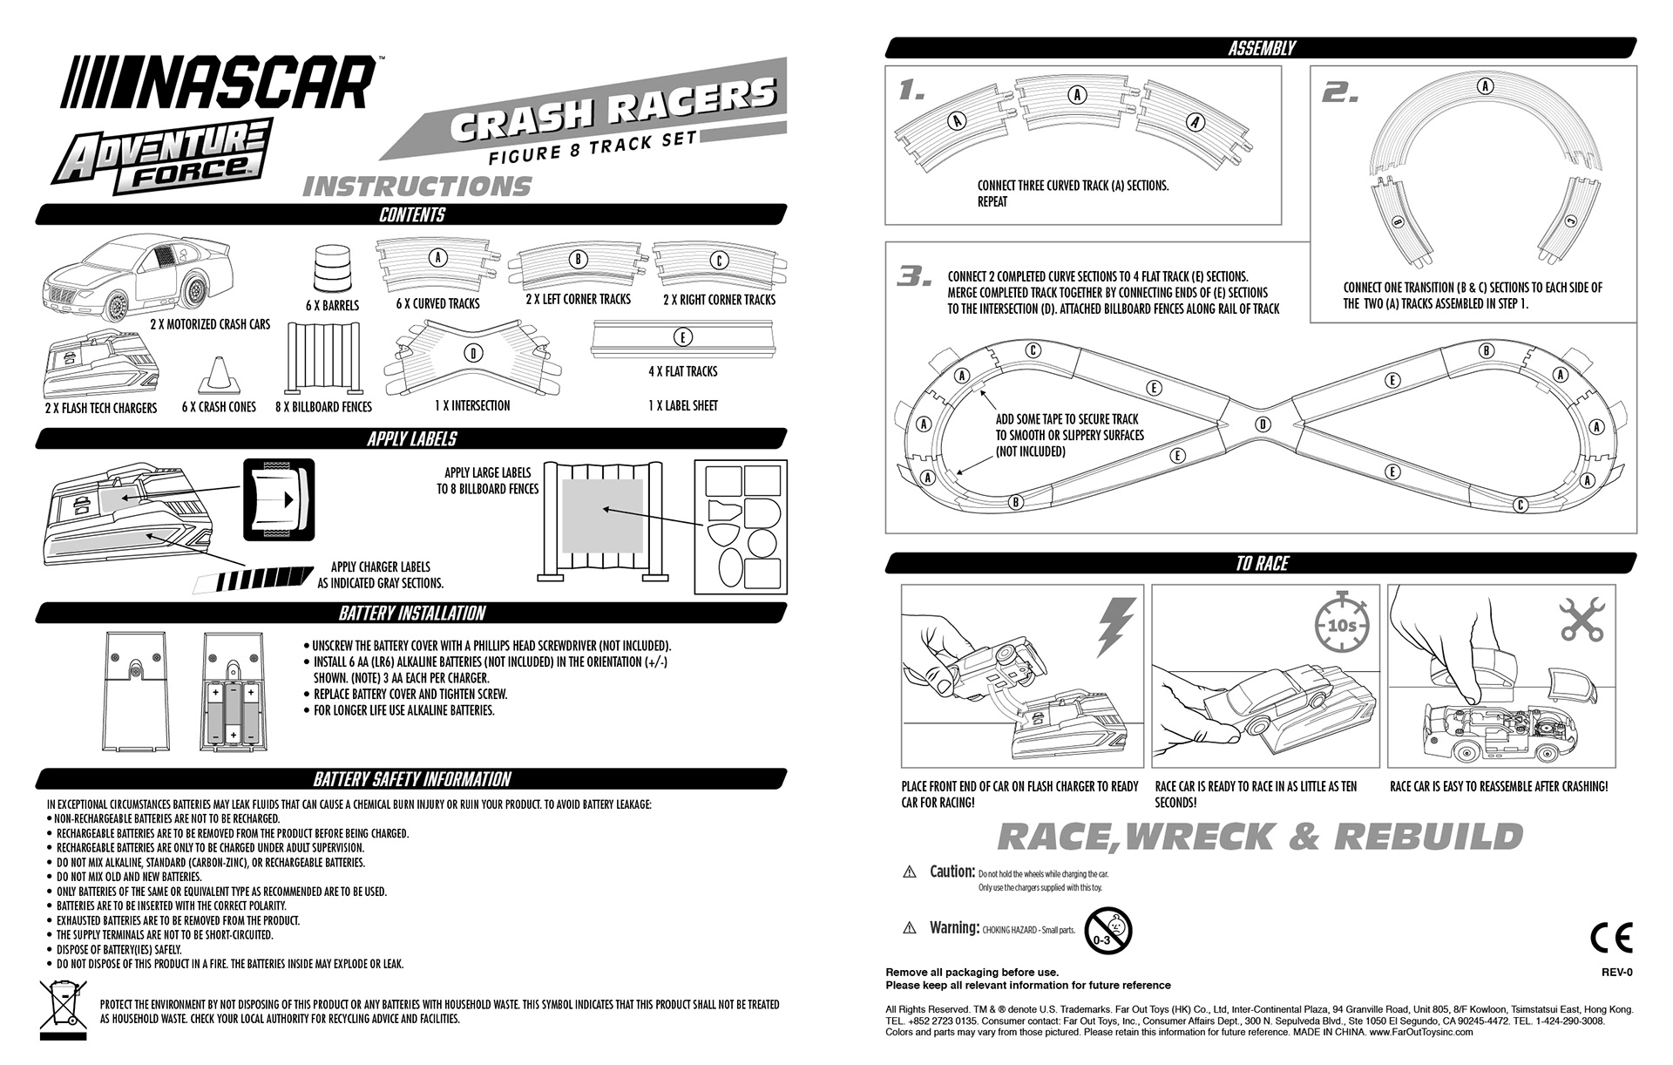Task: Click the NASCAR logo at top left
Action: coord(221,82)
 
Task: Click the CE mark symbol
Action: coord(1610,937)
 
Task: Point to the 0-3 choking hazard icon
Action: coord(1107,931)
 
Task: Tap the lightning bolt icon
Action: coord(1115,627)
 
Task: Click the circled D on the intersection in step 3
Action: coord(1263,424)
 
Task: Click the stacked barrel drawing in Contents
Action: coord(329,268)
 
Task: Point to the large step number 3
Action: coord(916,277)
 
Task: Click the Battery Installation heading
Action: coord(411,614)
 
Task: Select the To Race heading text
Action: coord(1262,564)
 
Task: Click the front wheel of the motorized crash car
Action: coord(116,306)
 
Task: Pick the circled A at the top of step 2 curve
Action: coord(1486,86)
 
